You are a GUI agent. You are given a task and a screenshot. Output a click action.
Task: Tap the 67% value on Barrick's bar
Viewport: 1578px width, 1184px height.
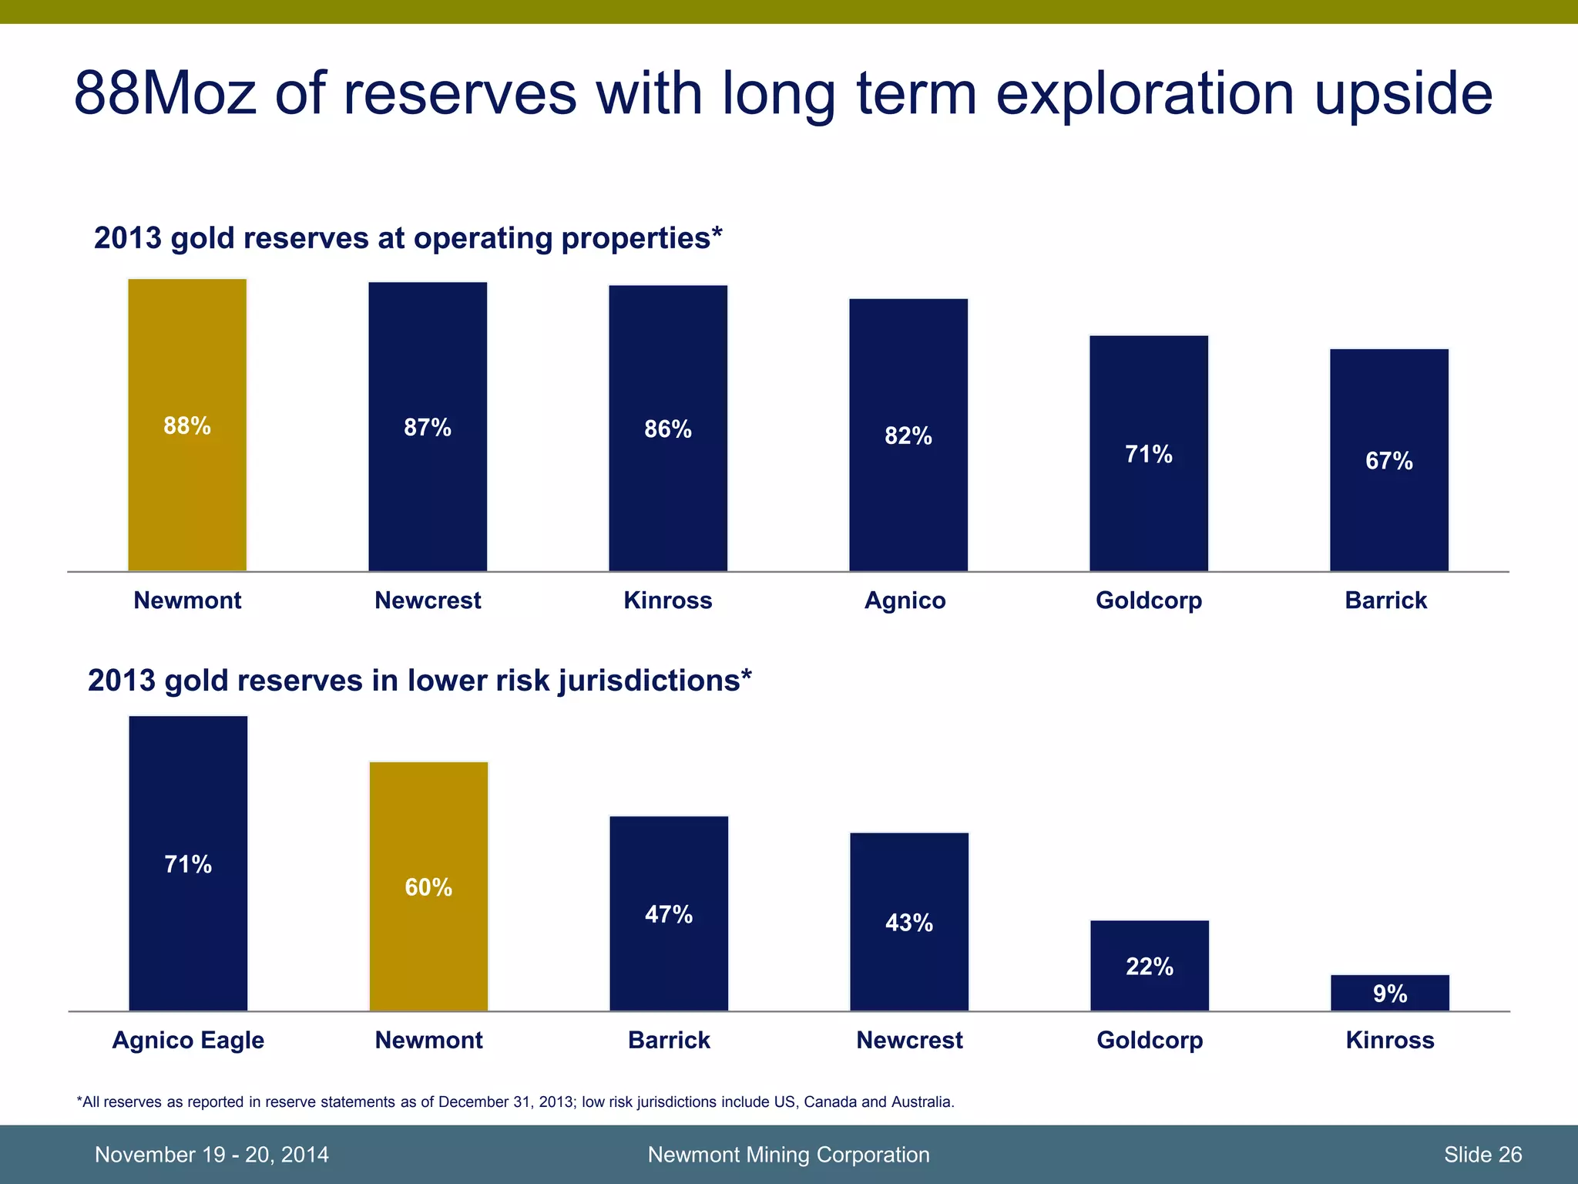(1388, 461)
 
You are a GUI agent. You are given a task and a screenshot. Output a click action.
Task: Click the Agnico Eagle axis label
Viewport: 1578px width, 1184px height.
(188, 1040)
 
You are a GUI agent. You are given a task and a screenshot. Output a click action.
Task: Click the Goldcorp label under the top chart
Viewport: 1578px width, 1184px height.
(1148, 600)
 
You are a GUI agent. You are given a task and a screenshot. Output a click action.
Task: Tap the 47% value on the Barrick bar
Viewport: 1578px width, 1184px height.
(668, 915)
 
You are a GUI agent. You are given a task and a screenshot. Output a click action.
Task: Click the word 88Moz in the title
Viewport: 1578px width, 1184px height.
(165, 94)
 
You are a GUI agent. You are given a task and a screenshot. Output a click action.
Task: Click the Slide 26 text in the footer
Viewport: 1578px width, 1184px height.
(1482, 1154)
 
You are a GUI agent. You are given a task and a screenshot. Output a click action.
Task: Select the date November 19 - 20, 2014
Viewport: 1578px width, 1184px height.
(211, 1154)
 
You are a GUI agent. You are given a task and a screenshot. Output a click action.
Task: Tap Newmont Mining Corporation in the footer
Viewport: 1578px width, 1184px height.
(788, 1154)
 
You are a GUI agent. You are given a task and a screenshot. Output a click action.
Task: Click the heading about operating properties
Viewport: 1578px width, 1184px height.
(408, 238)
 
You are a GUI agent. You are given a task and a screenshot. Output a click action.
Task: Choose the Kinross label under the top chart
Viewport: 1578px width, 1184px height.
(667, 600)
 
